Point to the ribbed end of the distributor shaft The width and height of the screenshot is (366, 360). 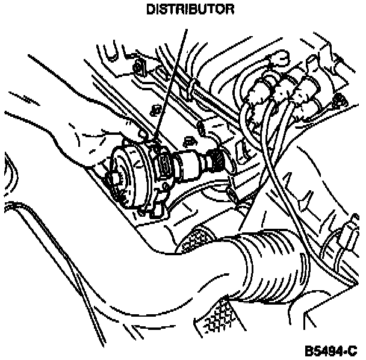216,161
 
